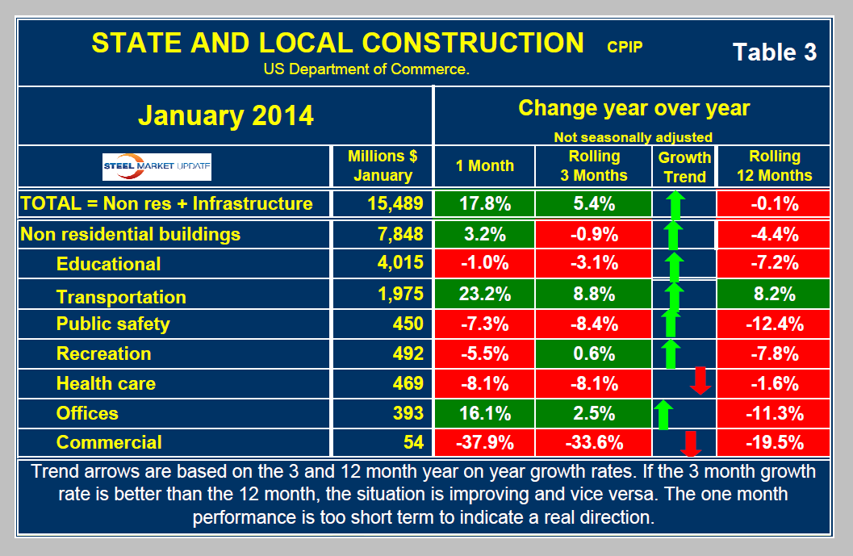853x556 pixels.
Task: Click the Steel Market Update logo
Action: (157, 166)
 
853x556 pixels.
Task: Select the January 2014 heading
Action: (225, 115)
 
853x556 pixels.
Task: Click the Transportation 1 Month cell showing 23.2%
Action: (484, 295)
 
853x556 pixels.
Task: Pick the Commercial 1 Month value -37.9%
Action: (484, 442)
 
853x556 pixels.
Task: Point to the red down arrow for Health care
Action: (700, 380)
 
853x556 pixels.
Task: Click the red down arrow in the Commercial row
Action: (689, 443)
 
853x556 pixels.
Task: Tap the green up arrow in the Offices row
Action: (663, 414)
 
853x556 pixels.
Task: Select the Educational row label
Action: (108, 264)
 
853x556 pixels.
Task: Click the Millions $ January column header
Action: (383, 165)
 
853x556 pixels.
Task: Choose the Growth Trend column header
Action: (684, 166)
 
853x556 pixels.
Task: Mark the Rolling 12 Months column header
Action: (774, 165)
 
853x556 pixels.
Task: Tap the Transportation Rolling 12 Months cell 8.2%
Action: (774, 295)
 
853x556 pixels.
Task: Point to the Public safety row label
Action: (113, 324)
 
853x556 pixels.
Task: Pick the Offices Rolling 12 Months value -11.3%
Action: (774, 413)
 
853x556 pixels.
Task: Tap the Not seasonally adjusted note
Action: (633, 136)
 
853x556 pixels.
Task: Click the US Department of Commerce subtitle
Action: (366, 69)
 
